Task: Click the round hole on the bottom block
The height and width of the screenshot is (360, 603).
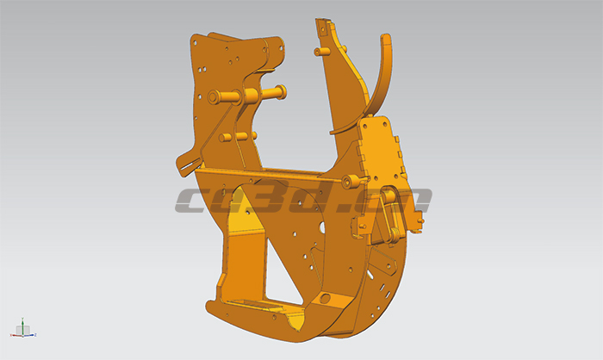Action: tap(325, 298)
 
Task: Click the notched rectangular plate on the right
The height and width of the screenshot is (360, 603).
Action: tap(380, 151)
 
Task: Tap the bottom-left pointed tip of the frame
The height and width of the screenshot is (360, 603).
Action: tap(208, 305)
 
